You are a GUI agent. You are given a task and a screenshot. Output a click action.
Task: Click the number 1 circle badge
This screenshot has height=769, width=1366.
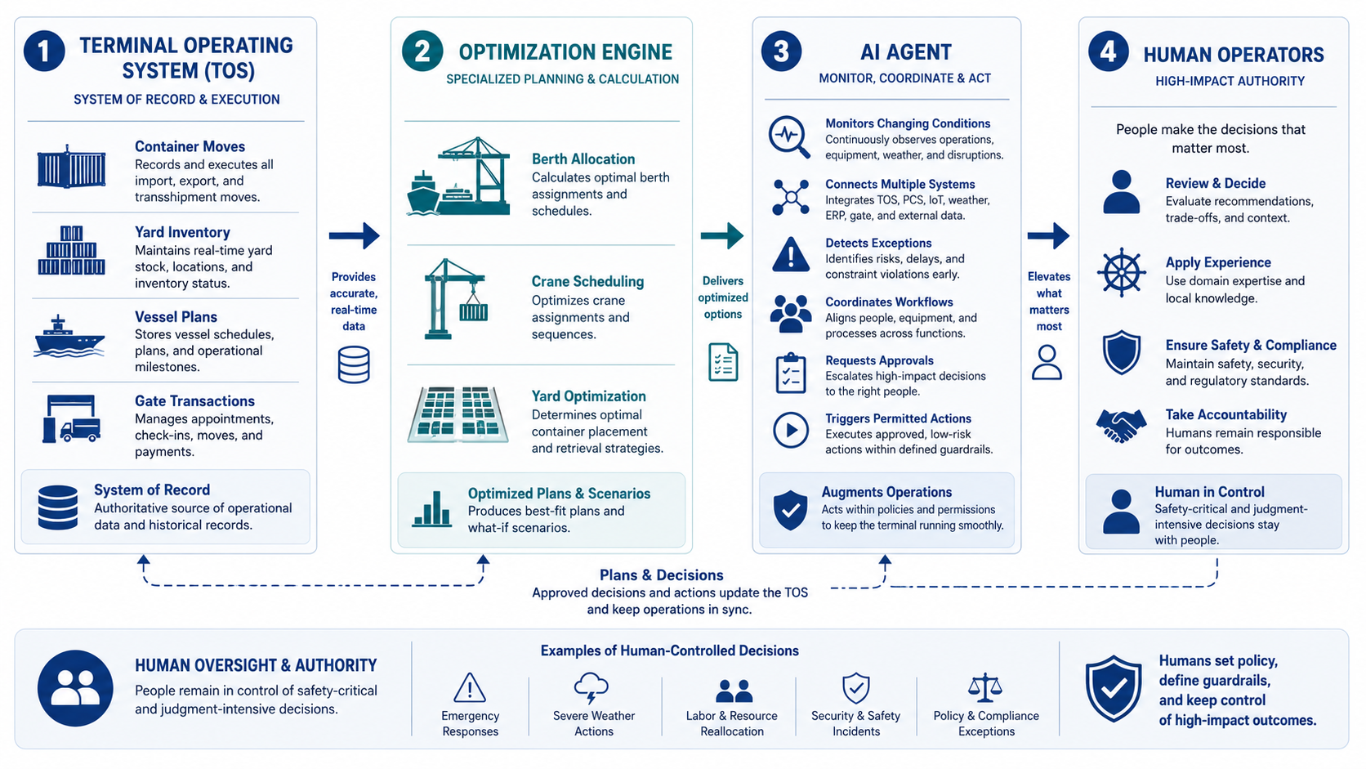(x=44, y=51)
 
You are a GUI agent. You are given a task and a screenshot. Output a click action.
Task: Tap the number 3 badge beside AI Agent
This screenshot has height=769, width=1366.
(x=781, y=51)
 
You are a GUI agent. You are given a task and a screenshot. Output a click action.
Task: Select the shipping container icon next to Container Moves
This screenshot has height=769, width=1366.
(x=71, y=167)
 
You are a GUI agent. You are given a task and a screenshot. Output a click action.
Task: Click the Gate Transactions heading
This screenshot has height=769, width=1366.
(x=194, y=400)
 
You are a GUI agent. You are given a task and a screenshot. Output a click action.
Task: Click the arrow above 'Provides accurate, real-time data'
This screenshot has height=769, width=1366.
(x=355, y=235)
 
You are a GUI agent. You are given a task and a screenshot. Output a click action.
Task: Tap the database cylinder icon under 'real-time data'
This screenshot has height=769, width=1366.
(x=354, y=364)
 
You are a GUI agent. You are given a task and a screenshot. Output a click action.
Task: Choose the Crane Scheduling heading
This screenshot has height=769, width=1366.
(x=588, y=281)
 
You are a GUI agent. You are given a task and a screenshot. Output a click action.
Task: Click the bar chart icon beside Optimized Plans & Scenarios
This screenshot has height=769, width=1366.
(x=431, y=508)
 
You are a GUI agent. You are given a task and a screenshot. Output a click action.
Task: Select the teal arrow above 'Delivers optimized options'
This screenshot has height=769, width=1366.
(x=722, y=235)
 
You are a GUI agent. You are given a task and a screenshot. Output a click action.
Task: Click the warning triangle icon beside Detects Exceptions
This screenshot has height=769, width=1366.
(x=790, y=253)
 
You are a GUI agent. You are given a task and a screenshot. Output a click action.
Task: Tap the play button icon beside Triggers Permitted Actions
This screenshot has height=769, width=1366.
(x=791, y=430)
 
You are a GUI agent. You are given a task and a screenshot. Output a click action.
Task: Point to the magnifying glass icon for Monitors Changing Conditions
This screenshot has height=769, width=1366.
(x=789, y=136)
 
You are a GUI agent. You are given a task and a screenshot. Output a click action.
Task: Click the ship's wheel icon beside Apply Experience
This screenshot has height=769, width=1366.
(x=1121, y=273)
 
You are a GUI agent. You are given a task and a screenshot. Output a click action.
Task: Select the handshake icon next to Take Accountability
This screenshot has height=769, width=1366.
(x=1121, y=424)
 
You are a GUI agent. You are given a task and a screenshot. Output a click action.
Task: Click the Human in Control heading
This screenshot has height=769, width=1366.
(x=1209, y=491)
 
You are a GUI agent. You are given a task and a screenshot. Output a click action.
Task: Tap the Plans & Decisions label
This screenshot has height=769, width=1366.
(x=661, y=575)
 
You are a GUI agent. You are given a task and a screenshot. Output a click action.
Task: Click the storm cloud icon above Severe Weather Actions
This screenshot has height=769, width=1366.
(x=591, y=688)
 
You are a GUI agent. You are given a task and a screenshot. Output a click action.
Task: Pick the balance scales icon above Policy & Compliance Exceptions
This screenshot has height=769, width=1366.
(x=984, y=687)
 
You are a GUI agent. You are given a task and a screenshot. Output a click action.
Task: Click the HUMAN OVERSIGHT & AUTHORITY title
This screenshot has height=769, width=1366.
(x=256, y=665)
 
